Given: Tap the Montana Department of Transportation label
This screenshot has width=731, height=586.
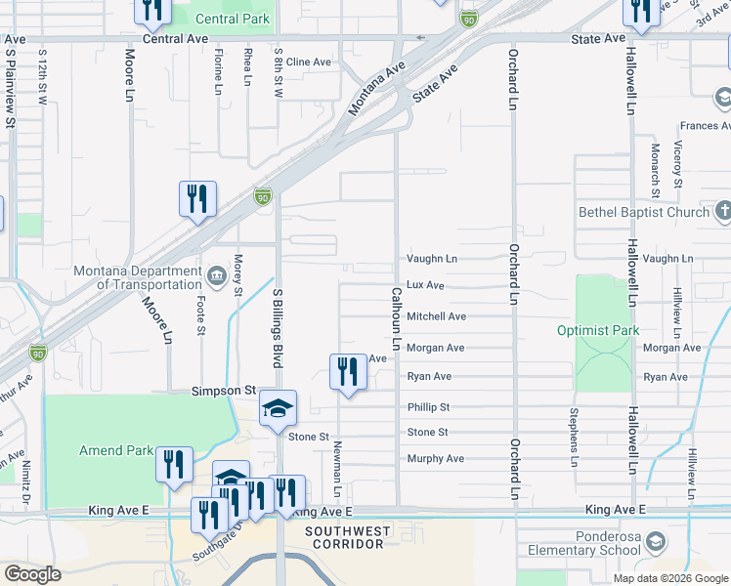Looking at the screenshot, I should tap(137, 277).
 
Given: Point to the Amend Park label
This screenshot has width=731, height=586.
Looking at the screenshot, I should tap(115, 450).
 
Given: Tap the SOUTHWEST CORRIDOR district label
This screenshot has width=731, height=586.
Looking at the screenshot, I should tap(348, 538).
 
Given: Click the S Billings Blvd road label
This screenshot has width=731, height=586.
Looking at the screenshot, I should tap(278, 328).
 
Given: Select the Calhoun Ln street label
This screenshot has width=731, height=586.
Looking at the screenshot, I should tap(397, 318).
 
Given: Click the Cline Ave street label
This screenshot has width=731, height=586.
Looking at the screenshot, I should tap(309, 62).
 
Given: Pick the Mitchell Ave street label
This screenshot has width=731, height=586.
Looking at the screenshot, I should tap(436, 316).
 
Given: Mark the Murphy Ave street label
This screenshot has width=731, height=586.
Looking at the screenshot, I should tap(435, 458).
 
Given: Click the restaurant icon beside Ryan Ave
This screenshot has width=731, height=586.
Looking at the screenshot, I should tap(348, 371).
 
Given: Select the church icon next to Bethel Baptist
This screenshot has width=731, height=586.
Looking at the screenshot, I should tap(723, 210).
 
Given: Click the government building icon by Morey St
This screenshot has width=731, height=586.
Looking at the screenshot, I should tap(216, 272).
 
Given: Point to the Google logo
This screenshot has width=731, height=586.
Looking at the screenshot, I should tap(33, 574).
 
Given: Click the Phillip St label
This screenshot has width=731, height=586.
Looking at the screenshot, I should tap(428, 406).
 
